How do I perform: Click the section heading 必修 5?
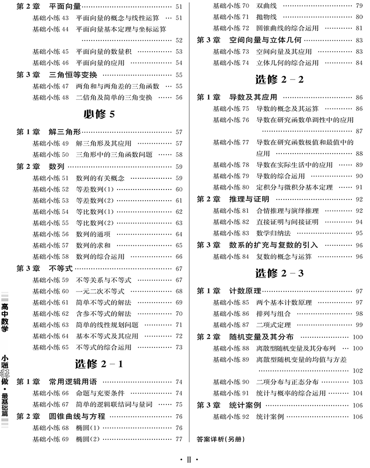point(95,114)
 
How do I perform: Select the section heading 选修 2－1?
point(99,364)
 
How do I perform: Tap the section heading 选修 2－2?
point(279,80)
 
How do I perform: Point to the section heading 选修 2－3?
point(279,273)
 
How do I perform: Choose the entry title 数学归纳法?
point(274,233)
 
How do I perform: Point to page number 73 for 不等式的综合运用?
point(179,348)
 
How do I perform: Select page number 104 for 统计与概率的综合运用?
point(358,394)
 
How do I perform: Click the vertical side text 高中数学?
point(5,318)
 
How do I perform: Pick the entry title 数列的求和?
point(93,245)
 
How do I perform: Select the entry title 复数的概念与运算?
point(284,256)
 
